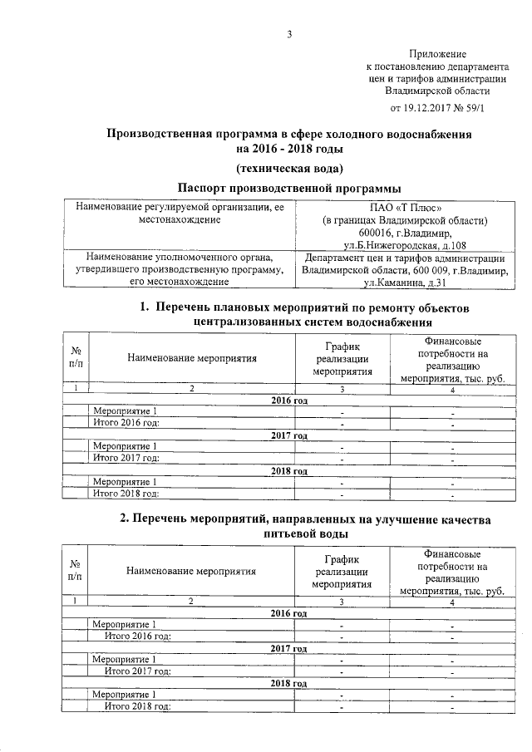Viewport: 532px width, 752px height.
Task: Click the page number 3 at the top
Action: (x=289, y=34)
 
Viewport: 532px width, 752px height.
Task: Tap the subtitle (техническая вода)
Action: (x=288, y=168)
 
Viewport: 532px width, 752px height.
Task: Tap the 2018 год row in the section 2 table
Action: (x=288, y=683)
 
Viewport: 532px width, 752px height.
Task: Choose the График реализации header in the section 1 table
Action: (x=341, y=357)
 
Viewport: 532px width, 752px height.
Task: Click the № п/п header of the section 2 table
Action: (x=76, y=569)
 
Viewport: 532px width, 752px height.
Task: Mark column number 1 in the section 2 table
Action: (x=76, y=601)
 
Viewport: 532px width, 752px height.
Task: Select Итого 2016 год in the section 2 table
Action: (x=138, y=636)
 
